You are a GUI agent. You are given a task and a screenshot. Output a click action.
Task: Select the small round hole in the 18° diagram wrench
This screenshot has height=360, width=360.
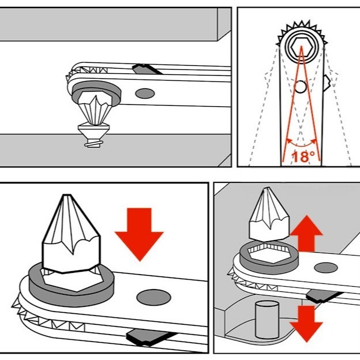pyautogui.click(x=300, y=87)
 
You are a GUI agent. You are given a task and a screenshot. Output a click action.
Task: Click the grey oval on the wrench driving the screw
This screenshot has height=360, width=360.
pyautogui.click(x=145, y=92)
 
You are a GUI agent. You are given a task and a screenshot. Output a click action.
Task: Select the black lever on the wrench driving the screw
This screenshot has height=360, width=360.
pyautogui.click(x=145, y=70)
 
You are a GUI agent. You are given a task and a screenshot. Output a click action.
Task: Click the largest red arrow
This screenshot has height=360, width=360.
pyautogui.click(x=139, y=231)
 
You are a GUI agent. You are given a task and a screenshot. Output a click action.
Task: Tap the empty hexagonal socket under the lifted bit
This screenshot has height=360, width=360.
pyautogui.click(x=269, y=254)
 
